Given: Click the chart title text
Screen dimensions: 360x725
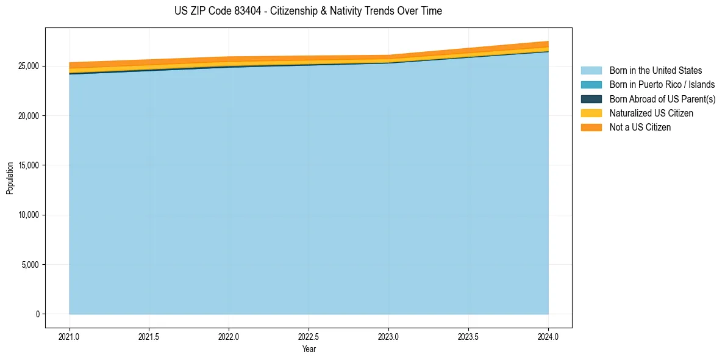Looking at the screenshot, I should tap(308, 11).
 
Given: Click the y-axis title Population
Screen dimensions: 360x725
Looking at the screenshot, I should tap(10, 178).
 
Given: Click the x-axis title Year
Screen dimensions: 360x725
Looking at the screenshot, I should tap(309, 349).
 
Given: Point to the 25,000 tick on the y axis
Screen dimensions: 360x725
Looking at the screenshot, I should tap(29, 66).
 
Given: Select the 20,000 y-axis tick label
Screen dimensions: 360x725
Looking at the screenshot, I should tap(29, 116).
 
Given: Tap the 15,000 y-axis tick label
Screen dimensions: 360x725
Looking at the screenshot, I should tap(29, 165).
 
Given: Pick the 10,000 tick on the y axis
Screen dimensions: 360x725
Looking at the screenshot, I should tap(29, 215).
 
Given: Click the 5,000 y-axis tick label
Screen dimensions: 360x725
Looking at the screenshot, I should tap(30, 265).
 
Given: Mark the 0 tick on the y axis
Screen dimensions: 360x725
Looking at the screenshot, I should tap(37, 314).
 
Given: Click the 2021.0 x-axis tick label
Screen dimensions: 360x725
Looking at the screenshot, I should tap(69, 336).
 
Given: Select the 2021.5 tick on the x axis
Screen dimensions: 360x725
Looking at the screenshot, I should tap(149, 336).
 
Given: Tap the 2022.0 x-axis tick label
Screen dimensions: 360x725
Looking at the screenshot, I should tap(229, 336).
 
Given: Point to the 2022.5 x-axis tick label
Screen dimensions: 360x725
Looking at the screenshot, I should tap(309, 336).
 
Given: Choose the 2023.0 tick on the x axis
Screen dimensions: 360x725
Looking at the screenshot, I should tap(388, 336).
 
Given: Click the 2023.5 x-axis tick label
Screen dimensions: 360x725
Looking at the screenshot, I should tap(468, 336).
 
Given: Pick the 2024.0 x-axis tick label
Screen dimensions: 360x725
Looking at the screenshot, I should tap(548, 336).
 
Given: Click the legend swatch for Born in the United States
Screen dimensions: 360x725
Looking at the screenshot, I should tap(591, 71).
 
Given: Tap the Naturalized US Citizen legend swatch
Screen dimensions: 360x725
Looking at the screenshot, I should tap(591, 113).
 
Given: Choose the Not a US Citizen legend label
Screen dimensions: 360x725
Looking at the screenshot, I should tap(640, 127).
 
